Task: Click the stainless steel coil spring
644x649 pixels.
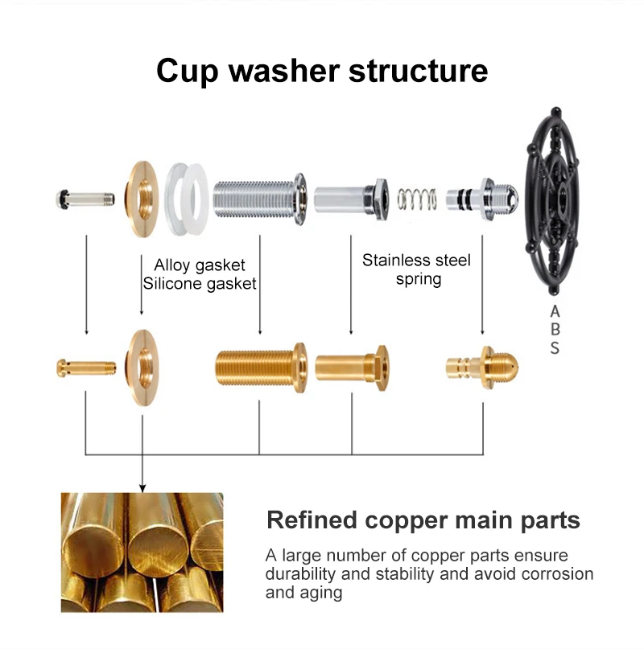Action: (417, 197)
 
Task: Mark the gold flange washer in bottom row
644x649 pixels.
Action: (142, 368)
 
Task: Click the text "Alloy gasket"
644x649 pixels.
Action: (199, 265)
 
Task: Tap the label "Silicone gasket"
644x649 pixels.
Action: (199, 283)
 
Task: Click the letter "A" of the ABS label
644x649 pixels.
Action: (555, 310)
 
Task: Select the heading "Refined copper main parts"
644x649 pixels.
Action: (423, 520)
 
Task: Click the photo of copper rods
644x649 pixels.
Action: (142, 552)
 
